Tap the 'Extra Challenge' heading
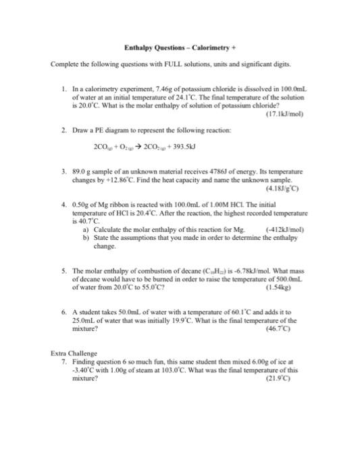coord(74,353)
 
